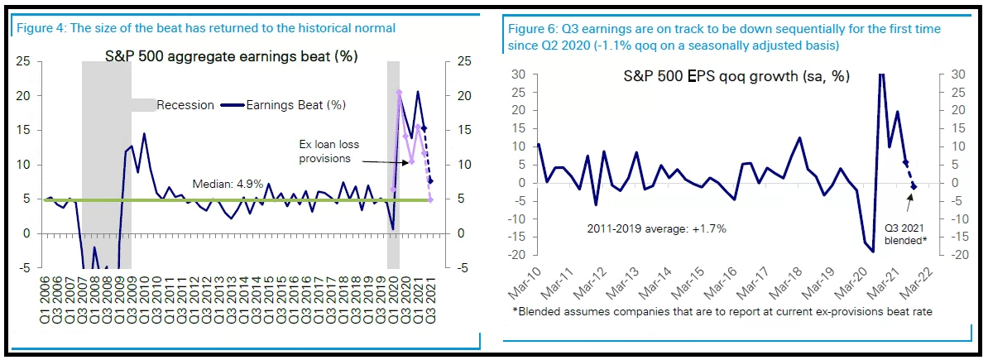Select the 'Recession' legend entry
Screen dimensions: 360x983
(185, 104)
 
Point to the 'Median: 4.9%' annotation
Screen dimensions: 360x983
(227, 184)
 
